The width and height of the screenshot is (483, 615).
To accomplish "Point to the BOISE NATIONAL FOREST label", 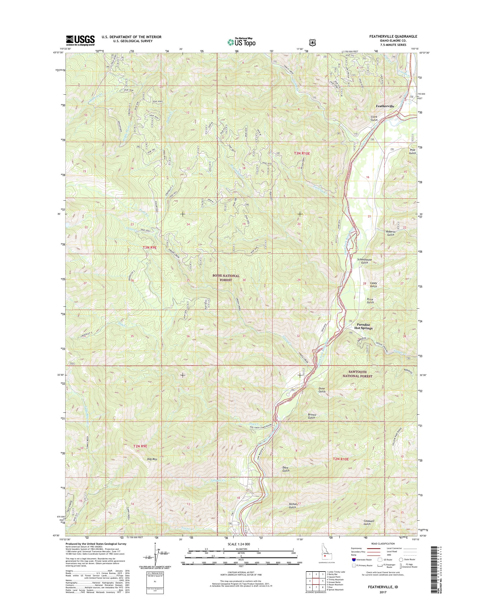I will point(226,278).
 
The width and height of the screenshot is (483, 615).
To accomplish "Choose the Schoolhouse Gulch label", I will point(365,261).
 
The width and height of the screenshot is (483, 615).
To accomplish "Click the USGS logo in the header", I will point(80,40).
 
